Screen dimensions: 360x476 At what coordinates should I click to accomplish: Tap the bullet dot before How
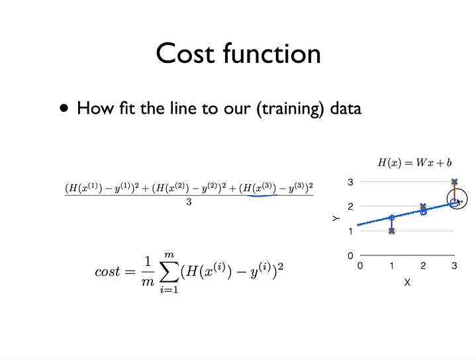(64, 109)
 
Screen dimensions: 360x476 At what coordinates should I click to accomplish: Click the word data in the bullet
(344, 109)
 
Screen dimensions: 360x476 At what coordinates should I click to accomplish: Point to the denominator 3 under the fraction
(189, 202)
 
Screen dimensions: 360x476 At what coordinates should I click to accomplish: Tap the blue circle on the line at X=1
(391, 217)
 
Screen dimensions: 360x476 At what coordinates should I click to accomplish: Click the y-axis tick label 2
(350, 206)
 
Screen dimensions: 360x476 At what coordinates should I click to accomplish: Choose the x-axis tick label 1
(391, 265)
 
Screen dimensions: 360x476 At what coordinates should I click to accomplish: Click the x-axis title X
(407, 282)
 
